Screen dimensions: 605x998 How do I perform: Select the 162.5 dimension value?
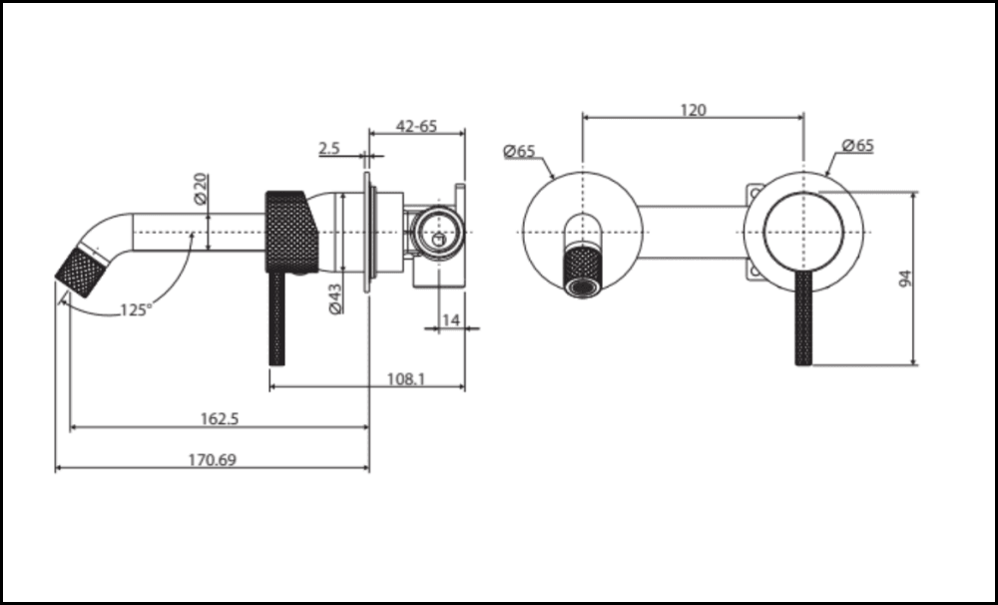pyautogui.click(x=220, y=418)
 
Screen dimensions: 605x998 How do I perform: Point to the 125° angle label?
pyautogui.click(x=136, y=309)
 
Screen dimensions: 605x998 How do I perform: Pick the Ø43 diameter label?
pyautogui.click(x=335, y=299)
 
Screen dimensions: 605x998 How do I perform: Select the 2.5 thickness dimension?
pyautogui.click(x=329, y=149)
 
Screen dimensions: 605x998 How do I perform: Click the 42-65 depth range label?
pyautogui.click(x=416, y=126)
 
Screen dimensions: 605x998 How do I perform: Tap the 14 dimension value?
pyautogui.click(x=450, y=319)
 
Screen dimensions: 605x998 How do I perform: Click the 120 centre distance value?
pyautogui.click(x=693, y=110)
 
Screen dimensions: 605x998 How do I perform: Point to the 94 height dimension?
pyautogui.click(x=905, y=279)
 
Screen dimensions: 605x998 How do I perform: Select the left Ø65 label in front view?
pyautogui.click(x=519, y=151)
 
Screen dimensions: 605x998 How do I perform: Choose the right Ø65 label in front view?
pyautogui.click(x=857, y=145)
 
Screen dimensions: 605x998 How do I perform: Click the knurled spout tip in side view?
pyautogui.click(x=81, y=271)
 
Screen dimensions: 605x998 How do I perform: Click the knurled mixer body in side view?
pyautogui.click(x=289, y=231)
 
